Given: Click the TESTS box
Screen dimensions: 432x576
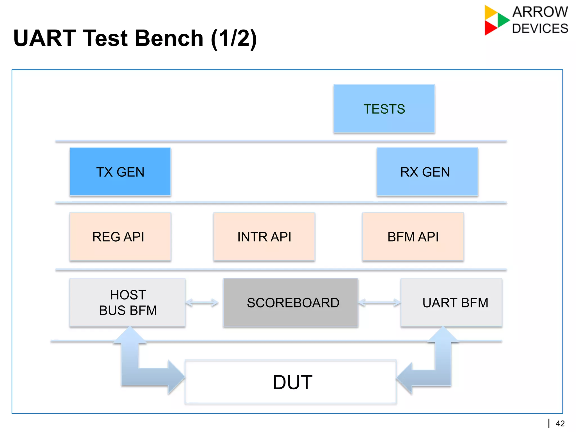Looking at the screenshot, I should click(x=384, y=109).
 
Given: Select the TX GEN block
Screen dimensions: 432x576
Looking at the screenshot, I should click(x=120, y=172).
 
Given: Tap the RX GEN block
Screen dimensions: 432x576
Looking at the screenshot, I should click(x=427, y=172).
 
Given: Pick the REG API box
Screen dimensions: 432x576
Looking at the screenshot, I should click(x=120, y=236).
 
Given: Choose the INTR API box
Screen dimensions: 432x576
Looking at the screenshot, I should click(x=264, y=236).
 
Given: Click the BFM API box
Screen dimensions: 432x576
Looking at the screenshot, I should click(x=413, y=236).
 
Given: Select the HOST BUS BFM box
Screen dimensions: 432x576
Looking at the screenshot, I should click(x=127, y=302).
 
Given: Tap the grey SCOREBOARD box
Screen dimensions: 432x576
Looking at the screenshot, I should click(x=290, y=302).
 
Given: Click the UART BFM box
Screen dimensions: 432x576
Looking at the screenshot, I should click(x=451, y=302).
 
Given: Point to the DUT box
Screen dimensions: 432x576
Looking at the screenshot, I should click(x=290, y=382).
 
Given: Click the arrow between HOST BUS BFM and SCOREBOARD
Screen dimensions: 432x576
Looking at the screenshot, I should click(x=202, y=303).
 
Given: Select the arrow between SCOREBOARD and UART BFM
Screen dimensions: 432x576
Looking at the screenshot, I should click(x=379, y=303).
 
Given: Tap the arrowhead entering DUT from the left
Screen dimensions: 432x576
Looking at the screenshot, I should click(x=176, y=377).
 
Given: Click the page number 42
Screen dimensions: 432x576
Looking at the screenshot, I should click(x=560, y=424).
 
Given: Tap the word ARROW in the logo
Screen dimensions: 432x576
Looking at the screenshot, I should click(x=540, y=12).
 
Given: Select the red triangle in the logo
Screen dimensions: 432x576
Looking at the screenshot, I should click(x=490, y=28).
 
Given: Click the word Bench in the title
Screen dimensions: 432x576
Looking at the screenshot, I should click(x=169, y=38).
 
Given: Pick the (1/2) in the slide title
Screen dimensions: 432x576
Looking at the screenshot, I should click(x=234, y=39).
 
